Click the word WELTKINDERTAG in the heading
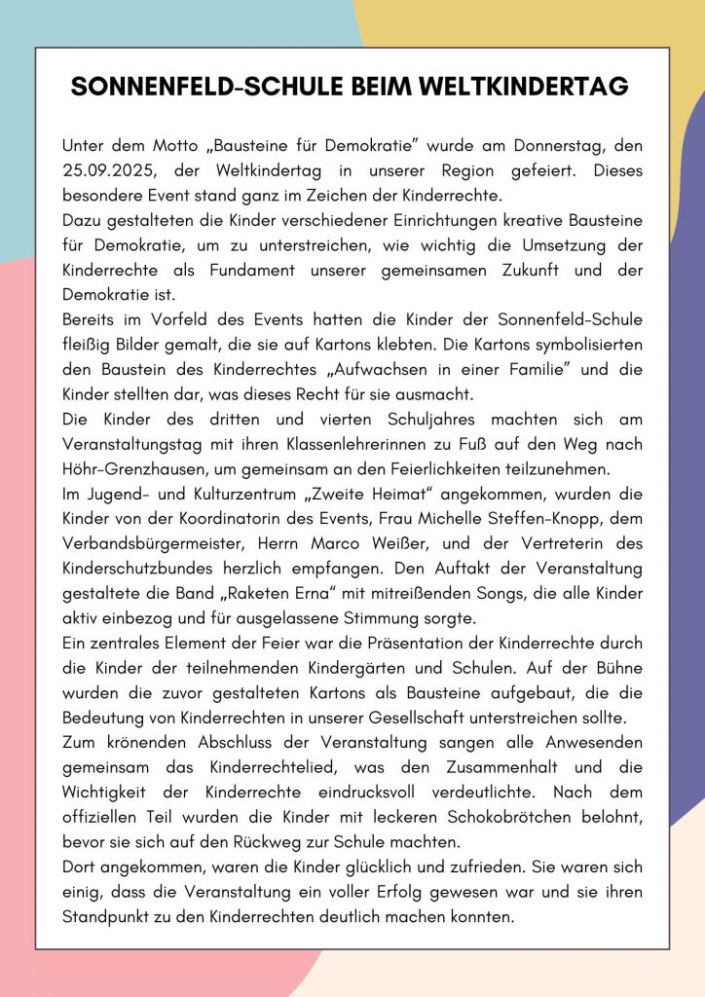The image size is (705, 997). (522, 87)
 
